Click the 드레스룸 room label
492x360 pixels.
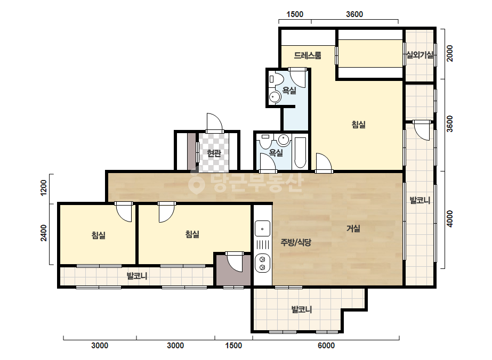(x=308, y=55)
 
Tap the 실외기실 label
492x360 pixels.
(x=420, y=55)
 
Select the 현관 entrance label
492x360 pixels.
(x=214, y=153)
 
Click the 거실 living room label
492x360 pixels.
(x=353, y=228)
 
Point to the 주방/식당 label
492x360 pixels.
(x=296, y=242)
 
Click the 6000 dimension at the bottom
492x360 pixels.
(x=326, y=346)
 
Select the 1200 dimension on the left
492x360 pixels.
(x=44, y=187)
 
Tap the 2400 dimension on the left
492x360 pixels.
(x=44, y=233)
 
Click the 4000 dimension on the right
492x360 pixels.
(x=450, y=219)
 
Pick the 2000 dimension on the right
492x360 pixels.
(x=450, y=53)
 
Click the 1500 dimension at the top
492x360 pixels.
(x=295, y=14)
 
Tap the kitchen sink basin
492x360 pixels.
(x=262, y=228)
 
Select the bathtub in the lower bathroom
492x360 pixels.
(x=300, y=152)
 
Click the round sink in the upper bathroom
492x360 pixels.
(x=275, y=97)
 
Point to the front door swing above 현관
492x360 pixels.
(x=215, y=122)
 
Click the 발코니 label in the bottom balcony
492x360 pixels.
(x=302, y=310)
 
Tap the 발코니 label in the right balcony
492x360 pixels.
(x=420, y=200)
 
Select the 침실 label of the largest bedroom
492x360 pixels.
(x=358, y=125)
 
